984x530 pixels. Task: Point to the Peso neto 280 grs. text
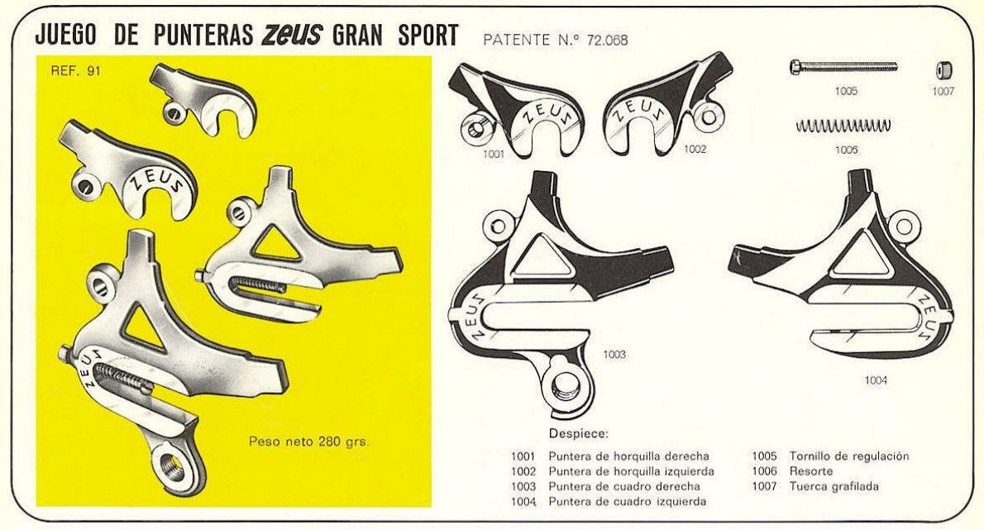308,442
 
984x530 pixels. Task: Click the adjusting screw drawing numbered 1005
843,67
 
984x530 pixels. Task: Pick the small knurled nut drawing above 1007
943,69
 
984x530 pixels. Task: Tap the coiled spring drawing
843,126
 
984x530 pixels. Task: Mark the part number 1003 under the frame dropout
614,355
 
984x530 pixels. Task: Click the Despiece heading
578,433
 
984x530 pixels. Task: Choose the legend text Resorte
812,471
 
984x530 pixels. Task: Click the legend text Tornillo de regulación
849,456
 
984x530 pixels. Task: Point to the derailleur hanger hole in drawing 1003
565,384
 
